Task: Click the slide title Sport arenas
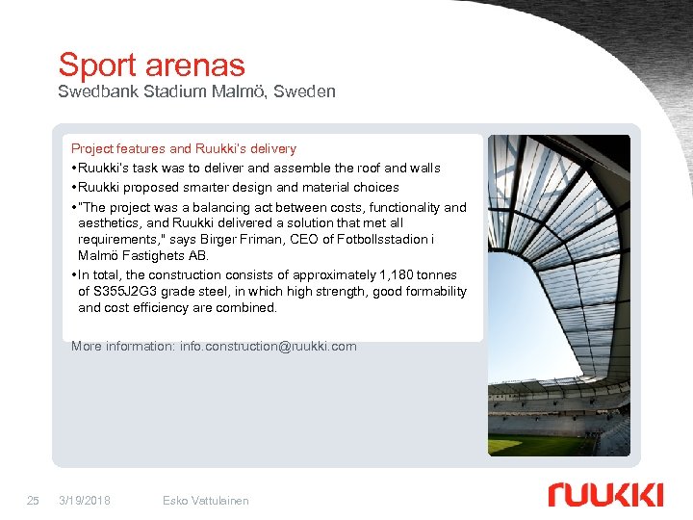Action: tap(151, 65)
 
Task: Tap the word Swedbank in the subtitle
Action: tap(92, 92)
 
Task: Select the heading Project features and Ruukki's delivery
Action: tap(184, 149)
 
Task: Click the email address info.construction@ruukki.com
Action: tap(268, 347)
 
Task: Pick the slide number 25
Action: tap(33, 501)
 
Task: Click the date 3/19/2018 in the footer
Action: tap(84, 501)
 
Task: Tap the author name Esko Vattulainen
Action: tap(206, 501)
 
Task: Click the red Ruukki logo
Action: tap(605, 494)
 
